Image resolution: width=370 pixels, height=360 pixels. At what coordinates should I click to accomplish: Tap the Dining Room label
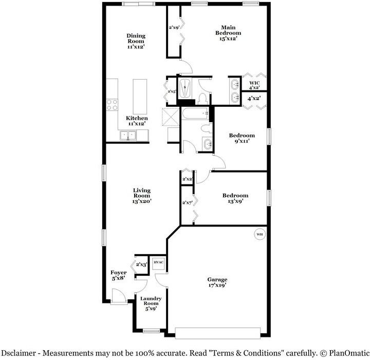(136, 41)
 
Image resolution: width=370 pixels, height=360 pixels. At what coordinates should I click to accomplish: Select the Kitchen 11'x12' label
(137, 121)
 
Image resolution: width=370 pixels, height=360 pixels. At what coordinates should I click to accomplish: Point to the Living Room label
(141, 196)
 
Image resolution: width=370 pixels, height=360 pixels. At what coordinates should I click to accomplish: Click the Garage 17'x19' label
(217, 282)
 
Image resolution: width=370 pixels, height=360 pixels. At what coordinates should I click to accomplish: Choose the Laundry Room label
(151, 304)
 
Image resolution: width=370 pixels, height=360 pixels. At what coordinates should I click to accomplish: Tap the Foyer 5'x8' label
(118, 275)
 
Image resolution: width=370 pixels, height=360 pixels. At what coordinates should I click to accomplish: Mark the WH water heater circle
(259, 235)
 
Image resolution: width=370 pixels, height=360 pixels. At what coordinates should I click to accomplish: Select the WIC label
(254, 85)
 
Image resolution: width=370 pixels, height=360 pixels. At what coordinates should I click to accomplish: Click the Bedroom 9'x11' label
(242, 138)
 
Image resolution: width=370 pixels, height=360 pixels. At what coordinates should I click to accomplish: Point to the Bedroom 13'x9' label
(235, 198)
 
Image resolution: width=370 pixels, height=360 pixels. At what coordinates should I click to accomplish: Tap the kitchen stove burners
(112, 105)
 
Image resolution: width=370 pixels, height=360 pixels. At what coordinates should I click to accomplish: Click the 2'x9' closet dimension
(174, 28)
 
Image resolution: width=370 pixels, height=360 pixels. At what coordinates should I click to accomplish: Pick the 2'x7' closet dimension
(187, 203)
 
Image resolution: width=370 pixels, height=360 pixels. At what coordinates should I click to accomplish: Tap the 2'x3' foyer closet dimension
(141, 264)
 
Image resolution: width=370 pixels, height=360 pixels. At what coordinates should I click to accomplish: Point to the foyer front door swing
(117, 296)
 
